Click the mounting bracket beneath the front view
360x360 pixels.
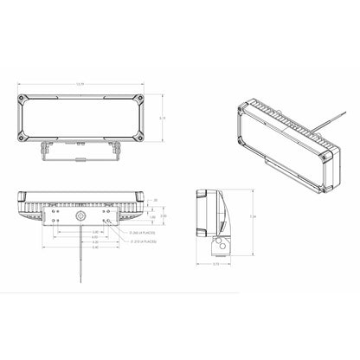pos(80,152)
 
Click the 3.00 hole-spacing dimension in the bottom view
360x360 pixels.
pos(72,232)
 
